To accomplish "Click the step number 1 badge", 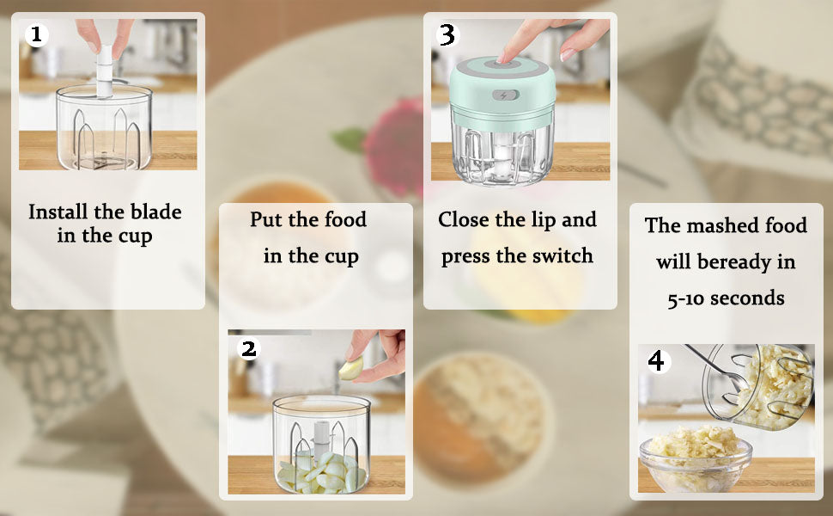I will pos(36,35).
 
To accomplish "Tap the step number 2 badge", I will pos(248,348).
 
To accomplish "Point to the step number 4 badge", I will pos(657,361).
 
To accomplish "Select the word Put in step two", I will pos(265,220).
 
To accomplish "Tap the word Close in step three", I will pos(467,220).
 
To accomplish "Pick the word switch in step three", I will pos(560,256).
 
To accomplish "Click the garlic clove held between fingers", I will pos(351,370).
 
